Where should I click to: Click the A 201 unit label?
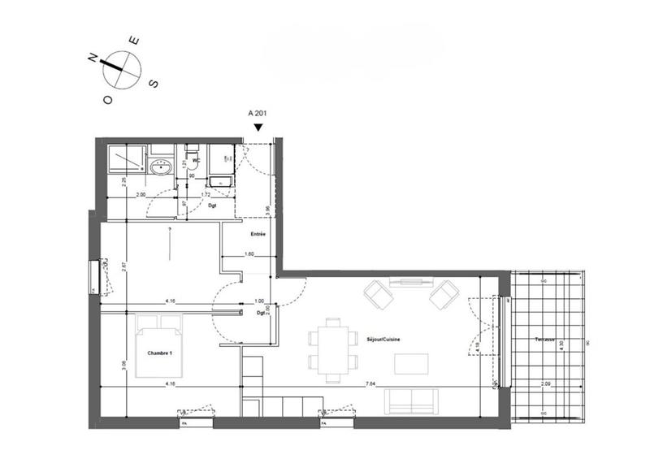coord(258,115)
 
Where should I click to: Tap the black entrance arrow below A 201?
coord(258,128)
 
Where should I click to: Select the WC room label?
coord(196,160)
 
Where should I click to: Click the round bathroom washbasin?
coord(160,169)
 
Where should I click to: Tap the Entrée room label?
coord(258,234)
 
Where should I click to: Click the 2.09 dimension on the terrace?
coord(546,383)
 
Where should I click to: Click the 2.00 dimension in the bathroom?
coord(141,195)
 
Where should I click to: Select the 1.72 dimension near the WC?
coord(206,195)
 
